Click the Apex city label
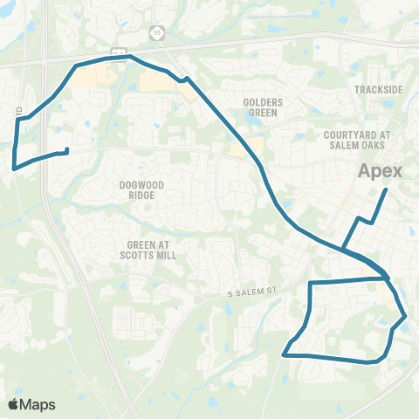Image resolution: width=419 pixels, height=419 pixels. tap(381, 171)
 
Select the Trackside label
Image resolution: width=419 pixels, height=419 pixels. tap(378, 90)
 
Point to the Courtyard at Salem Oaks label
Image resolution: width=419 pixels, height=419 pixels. tap(358, 141)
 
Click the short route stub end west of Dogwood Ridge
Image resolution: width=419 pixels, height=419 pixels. tap(67, 150)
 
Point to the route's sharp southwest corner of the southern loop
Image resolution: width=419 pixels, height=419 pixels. tap(285, 354)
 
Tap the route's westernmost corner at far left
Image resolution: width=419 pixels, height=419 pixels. tap(13, 168)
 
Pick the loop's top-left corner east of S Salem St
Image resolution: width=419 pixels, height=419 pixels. tap(312, 283)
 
